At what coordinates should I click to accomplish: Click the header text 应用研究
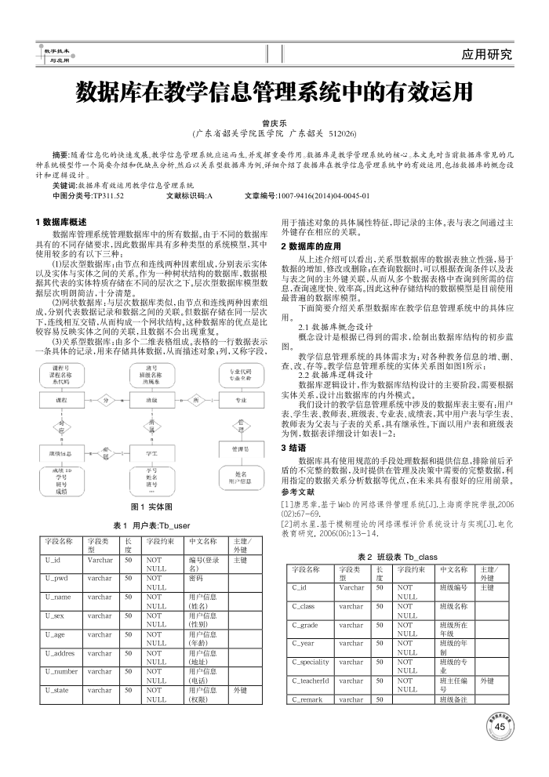point(487,54)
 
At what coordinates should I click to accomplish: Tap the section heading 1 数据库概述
point(62,222)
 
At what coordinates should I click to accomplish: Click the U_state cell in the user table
point(56,690)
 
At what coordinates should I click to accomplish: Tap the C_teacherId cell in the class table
point(309,681)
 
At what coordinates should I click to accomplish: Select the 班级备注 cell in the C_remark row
point(454,699)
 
